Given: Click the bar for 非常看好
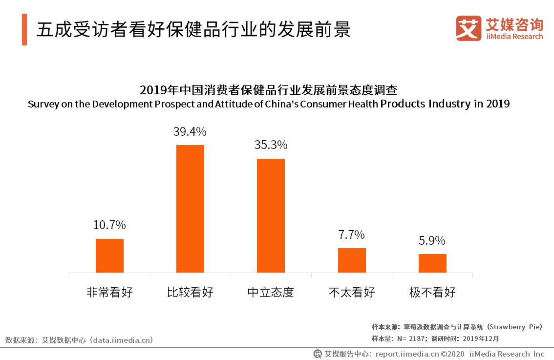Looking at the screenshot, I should [109, 255].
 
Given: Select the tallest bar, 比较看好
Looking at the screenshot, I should [190, 209].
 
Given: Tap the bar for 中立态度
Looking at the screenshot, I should [271, 215].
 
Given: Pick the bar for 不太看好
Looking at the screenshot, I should [352, 260].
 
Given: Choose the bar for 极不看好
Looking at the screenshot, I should [432, 263].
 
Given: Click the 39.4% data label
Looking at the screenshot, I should [190, 131].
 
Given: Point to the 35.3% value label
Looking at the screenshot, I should [271, 145].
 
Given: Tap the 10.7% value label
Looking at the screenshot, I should [109, 225].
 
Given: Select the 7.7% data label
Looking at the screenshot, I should [352, 235].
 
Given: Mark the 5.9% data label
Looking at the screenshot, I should [432, 241].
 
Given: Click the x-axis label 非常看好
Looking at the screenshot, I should [109, 293].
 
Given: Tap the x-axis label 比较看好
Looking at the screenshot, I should [190, 293].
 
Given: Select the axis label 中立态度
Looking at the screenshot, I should [271, 293].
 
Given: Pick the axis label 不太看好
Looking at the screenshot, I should [352, 293].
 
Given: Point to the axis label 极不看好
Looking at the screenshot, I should [432, 293].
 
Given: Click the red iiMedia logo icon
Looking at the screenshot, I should [469, 29].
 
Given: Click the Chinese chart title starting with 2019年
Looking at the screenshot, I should [269, 90].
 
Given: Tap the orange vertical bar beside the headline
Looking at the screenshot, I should [24, 30].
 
